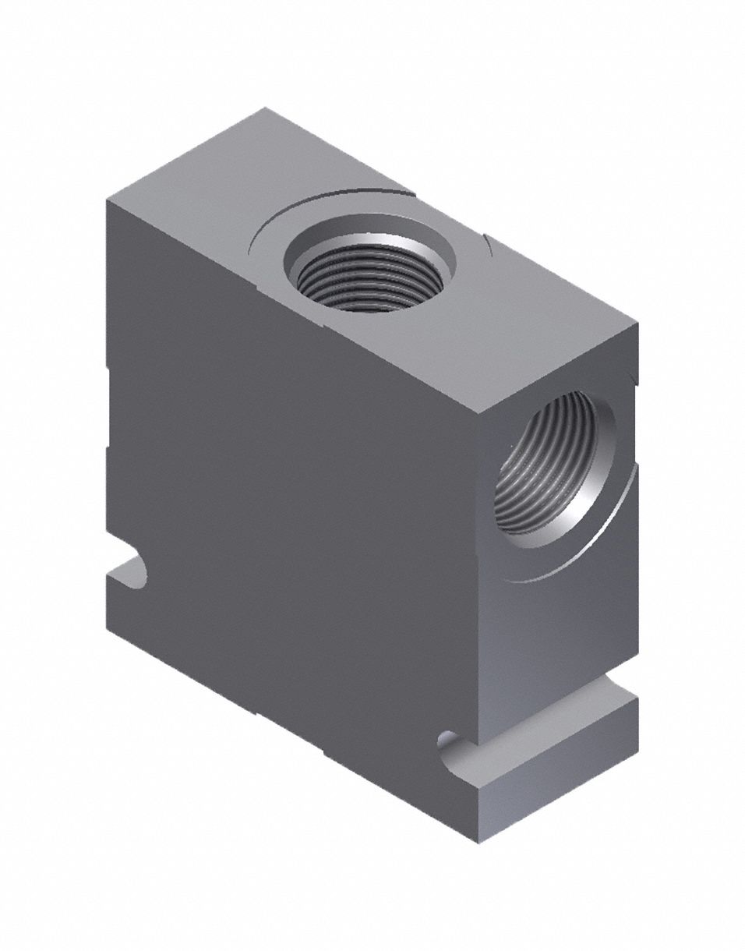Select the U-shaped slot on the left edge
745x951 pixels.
point(129,573)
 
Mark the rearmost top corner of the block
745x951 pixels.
point(265,108)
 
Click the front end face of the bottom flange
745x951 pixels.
point(557,803)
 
